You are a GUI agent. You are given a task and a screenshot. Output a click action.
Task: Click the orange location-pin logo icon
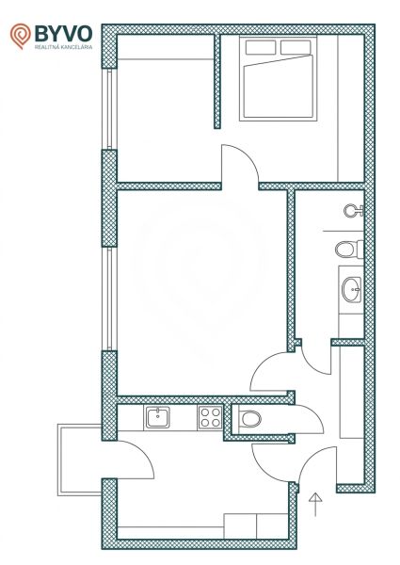point(20,36)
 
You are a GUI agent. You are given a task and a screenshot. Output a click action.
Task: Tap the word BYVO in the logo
point(63,34)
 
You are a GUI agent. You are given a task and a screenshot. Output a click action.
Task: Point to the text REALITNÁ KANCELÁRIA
point(63,47)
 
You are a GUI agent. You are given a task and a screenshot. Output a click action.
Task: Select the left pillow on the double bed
point(261,47)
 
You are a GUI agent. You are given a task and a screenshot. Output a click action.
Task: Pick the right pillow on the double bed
point(296,47)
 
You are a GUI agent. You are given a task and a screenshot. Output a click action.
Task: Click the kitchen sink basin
point(157,417)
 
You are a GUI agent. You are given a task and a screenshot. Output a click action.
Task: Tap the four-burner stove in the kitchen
point(210,417)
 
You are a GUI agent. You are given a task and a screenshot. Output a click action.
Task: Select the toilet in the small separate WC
point(249,419)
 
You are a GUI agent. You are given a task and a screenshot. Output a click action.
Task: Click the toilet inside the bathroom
point(349,249)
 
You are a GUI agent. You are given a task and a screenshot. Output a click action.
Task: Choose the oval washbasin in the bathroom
point(351,290)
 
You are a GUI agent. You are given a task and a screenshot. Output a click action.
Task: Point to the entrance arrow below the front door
point(315,504)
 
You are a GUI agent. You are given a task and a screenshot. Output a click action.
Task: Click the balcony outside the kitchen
point(80,460)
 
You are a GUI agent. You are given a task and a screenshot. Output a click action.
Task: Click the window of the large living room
point(109,299)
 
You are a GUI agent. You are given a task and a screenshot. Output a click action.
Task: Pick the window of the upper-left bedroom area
point(109,109)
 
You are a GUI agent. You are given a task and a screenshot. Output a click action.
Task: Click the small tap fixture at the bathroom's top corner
point(354,210)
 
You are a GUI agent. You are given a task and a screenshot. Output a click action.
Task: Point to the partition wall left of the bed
point(217,81)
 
